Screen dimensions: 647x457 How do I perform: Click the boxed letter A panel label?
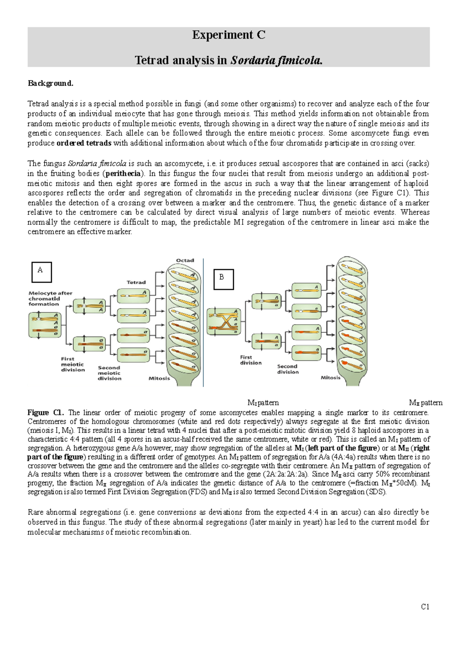click(41, 272)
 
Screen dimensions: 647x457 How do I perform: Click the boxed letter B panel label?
click(223, 279)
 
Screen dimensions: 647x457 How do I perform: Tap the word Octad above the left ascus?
click(185, 260)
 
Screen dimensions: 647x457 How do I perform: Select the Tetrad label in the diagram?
click(136, 282)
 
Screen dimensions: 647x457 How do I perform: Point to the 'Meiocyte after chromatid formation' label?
click(50, 298)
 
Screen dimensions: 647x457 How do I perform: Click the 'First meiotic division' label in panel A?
click(72, 364)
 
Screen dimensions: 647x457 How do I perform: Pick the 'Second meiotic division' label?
click(109, 373)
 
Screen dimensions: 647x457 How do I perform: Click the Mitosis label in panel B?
click(330, 378)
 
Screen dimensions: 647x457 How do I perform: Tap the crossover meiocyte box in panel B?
click(224, 322)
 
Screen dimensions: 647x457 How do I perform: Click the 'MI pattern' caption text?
click(263, 403)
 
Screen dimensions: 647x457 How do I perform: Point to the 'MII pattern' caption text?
click(425, 403)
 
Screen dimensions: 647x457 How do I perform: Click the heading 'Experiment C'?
click(228, 35)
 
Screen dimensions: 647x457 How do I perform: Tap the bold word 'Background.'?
click(50, 83)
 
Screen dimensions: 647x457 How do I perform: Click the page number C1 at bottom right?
click(425, 607)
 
